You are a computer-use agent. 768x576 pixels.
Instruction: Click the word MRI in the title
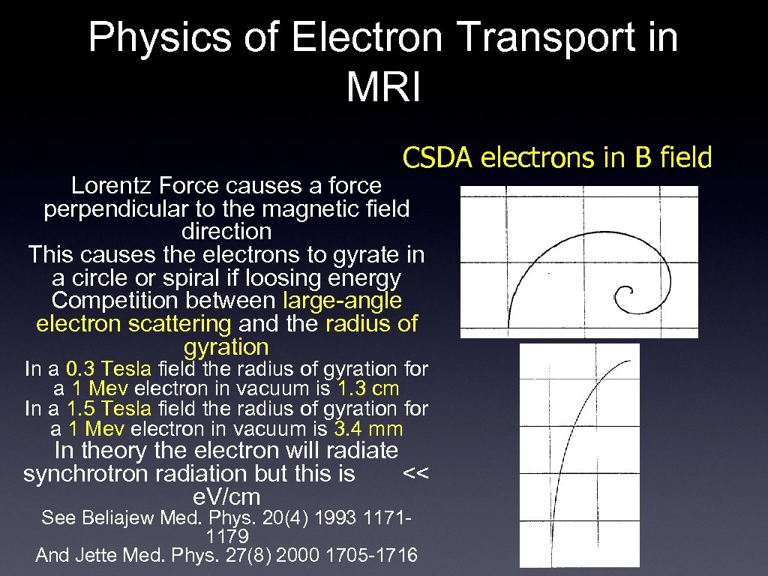click(x=383, y=86)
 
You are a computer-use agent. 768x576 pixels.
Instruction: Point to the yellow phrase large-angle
click(x=343, y=301)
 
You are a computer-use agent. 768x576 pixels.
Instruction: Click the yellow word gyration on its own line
click(x=226, y=347)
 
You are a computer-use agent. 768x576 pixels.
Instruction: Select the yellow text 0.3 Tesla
click(x=108, y=369)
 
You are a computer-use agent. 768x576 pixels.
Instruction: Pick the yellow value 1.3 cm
click(x=368, y=389)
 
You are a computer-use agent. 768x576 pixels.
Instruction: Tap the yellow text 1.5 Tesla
click(x=109, y=409)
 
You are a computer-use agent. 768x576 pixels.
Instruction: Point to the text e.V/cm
click(x=226, y=496)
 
